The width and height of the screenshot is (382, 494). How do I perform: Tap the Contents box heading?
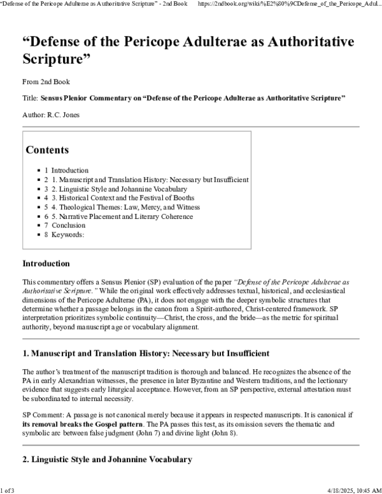click(48, 150)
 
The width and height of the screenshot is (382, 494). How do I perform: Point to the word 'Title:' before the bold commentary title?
click(30, 98)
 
